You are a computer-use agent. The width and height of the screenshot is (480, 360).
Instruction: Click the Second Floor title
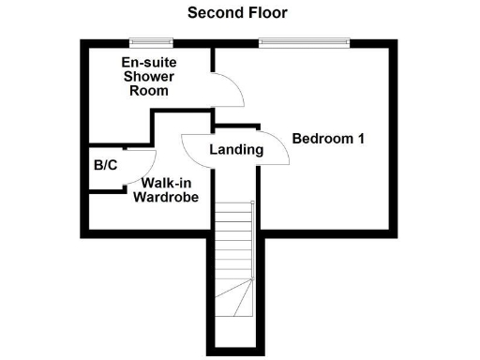(237, 13)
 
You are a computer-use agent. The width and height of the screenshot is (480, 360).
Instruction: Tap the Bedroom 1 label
(328, 139)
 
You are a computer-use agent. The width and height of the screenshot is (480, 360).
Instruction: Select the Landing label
(235, 149)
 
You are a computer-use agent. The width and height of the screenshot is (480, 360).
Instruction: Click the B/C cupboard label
(105, 166)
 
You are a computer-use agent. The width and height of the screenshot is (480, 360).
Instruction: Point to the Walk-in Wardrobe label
(165, 190)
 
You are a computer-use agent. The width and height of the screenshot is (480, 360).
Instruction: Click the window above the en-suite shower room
(151, 41)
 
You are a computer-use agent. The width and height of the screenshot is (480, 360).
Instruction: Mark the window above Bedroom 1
(304, 41)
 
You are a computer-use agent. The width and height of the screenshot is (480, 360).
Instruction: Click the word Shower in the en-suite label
(150, 77)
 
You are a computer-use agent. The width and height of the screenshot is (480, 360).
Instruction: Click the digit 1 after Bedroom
(360, 139)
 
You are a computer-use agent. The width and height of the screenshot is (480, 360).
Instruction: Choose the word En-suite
(150, 63)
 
